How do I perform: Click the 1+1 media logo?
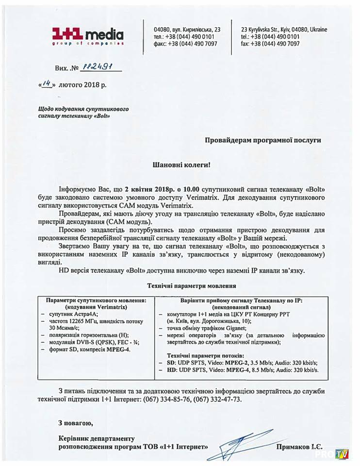point(88,36)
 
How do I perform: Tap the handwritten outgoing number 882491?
point(98,67)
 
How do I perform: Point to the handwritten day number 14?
point(46,83)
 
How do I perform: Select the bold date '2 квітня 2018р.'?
point(153,189)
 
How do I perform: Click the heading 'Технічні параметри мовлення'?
point(192,286)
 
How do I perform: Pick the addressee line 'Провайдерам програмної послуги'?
point(262,140)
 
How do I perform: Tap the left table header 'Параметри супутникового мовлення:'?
point(96,300)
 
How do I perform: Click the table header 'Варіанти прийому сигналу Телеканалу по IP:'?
point(241,300)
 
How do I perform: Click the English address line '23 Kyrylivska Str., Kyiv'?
point(284,29)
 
